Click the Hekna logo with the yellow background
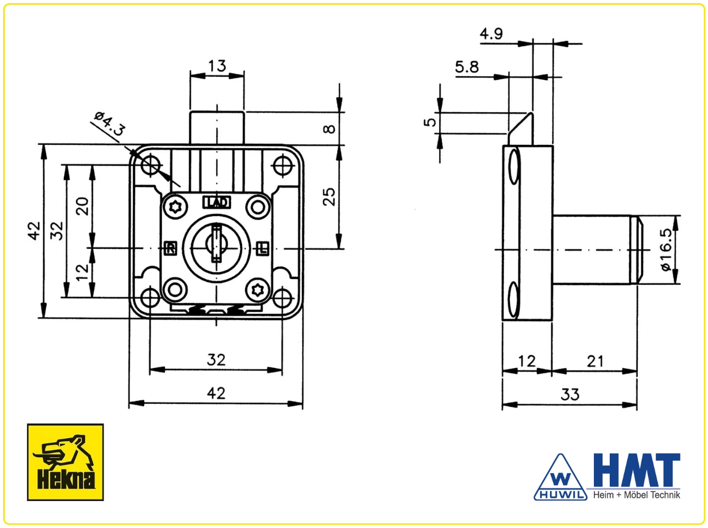[65, 462]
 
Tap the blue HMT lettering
[637, 470]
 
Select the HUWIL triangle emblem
[561, 477]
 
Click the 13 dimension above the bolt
[217, 66]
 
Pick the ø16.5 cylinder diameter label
[666, 249]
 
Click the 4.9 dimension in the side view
[491, 33]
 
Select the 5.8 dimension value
[467, 67]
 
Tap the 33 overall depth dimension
[570, 394]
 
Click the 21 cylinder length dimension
[595, 361]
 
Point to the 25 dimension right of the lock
[329, 197]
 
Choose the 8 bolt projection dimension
[329, 129]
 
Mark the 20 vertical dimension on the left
[82, 206]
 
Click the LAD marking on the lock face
[217, 202]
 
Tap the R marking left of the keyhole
[171, 248]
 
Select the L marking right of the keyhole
[263, 248]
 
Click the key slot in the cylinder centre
[217, 244]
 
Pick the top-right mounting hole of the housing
[283, 166]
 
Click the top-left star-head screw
[175, 207]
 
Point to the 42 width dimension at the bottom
[216, 393]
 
